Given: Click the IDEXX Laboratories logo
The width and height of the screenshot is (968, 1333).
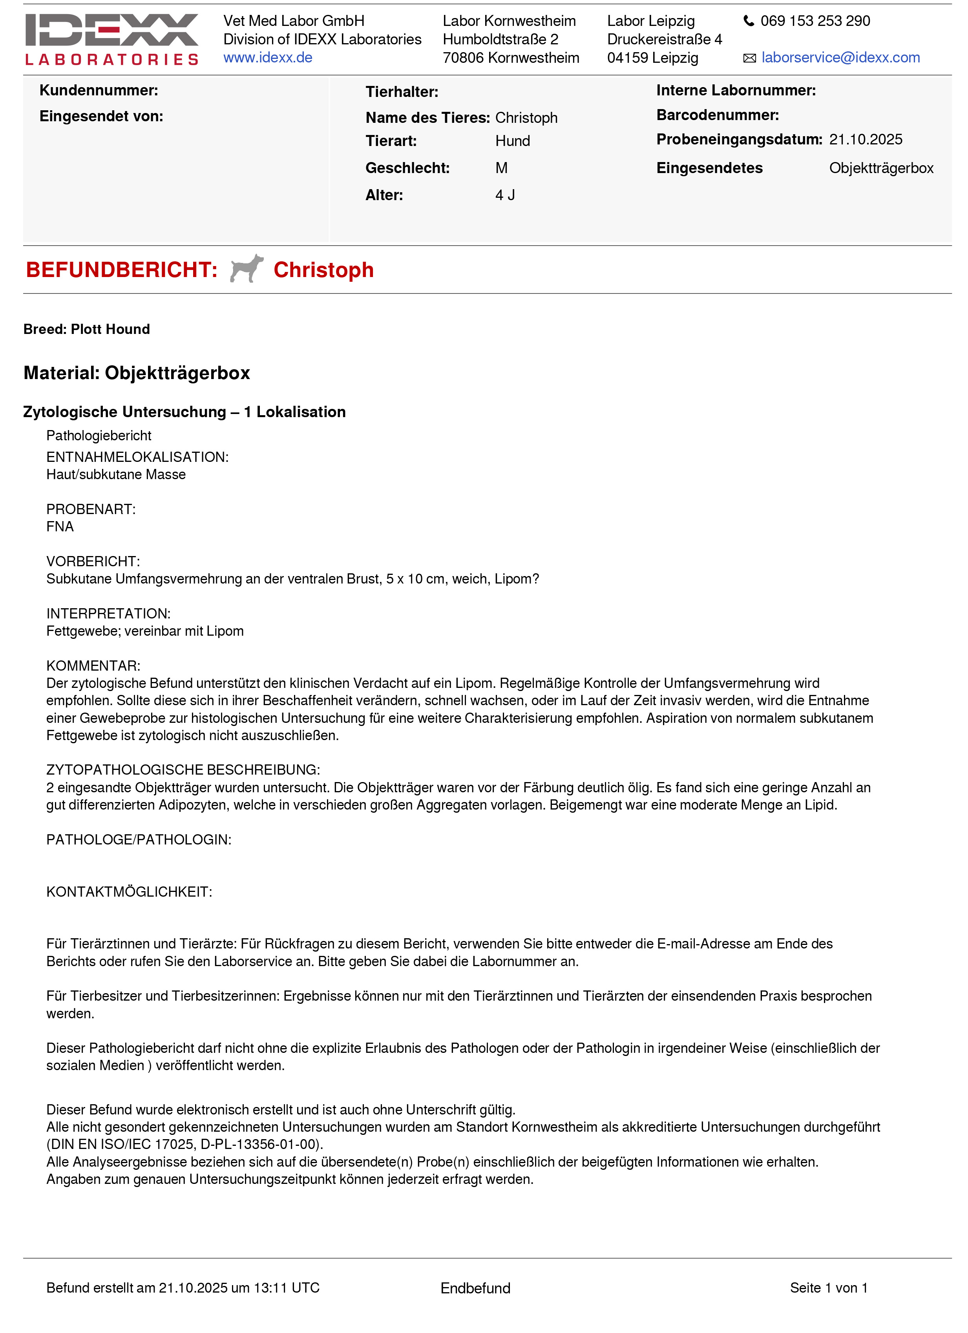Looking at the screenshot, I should coord(112,39).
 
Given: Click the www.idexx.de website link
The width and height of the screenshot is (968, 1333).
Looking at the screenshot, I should coord(268,58).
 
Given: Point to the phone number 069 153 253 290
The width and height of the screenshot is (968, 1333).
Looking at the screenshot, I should coord(815,21).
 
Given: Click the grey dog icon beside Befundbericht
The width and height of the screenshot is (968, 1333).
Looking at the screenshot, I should coord(247,268).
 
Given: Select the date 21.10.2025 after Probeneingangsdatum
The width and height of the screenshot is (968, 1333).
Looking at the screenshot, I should coord(865,140).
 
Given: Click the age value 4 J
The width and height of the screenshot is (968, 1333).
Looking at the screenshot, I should coord(504,195).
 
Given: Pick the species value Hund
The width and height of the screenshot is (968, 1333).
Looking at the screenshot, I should coord(512,141).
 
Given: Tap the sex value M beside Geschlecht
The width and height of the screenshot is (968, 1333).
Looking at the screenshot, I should coord(501,168).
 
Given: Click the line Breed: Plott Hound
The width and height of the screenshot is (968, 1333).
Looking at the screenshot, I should coord(86,329).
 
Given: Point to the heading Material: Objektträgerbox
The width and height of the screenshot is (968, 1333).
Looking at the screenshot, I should coord(137,373).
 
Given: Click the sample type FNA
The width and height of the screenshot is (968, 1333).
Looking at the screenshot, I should coord(60,527).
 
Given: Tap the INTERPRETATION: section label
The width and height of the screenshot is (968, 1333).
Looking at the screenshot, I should coord(108,614).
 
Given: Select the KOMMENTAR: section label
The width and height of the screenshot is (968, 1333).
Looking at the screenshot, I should coord(93,666).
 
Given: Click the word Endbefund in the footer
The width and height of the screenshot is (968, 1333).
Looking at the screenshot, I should coord(475,1288).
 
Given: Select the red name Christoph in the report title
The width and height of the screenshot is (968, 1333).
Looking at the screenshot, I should coord(323,270).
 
